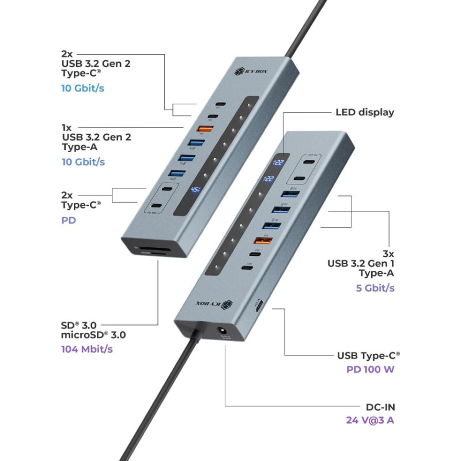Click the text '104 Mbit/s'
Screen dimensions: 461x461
86,349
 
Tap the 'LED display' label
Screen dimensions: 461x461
365,112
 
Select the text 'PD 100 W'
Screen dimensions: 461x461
370,369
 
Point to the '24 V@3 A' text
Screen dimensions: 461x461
370,420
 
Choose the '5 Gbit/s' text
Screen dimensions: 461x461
375,288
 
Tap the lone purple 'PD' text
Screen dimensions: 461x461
69,220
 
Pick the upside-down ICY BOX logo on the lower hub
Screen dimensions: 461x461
211,303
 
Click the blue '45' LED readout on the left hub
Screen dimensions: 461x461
196,190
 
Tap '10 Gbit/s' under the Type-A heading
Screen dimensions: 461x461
84,162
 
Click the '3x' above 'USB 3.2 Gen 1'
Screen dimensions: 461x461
388,254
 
